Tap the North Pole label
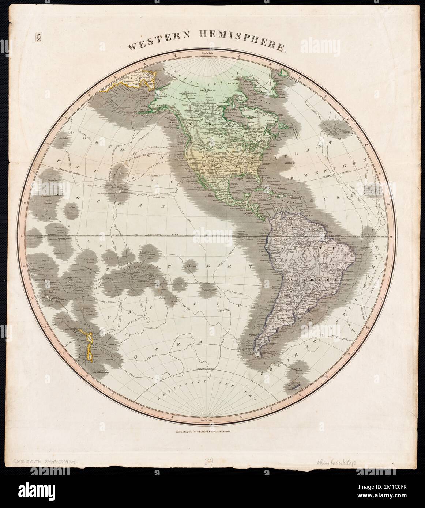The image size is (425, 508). click(212, 54)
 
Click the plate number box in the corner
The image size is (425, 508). click(38, 37)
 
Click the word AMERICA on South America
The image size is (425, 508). click(311, 280)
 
